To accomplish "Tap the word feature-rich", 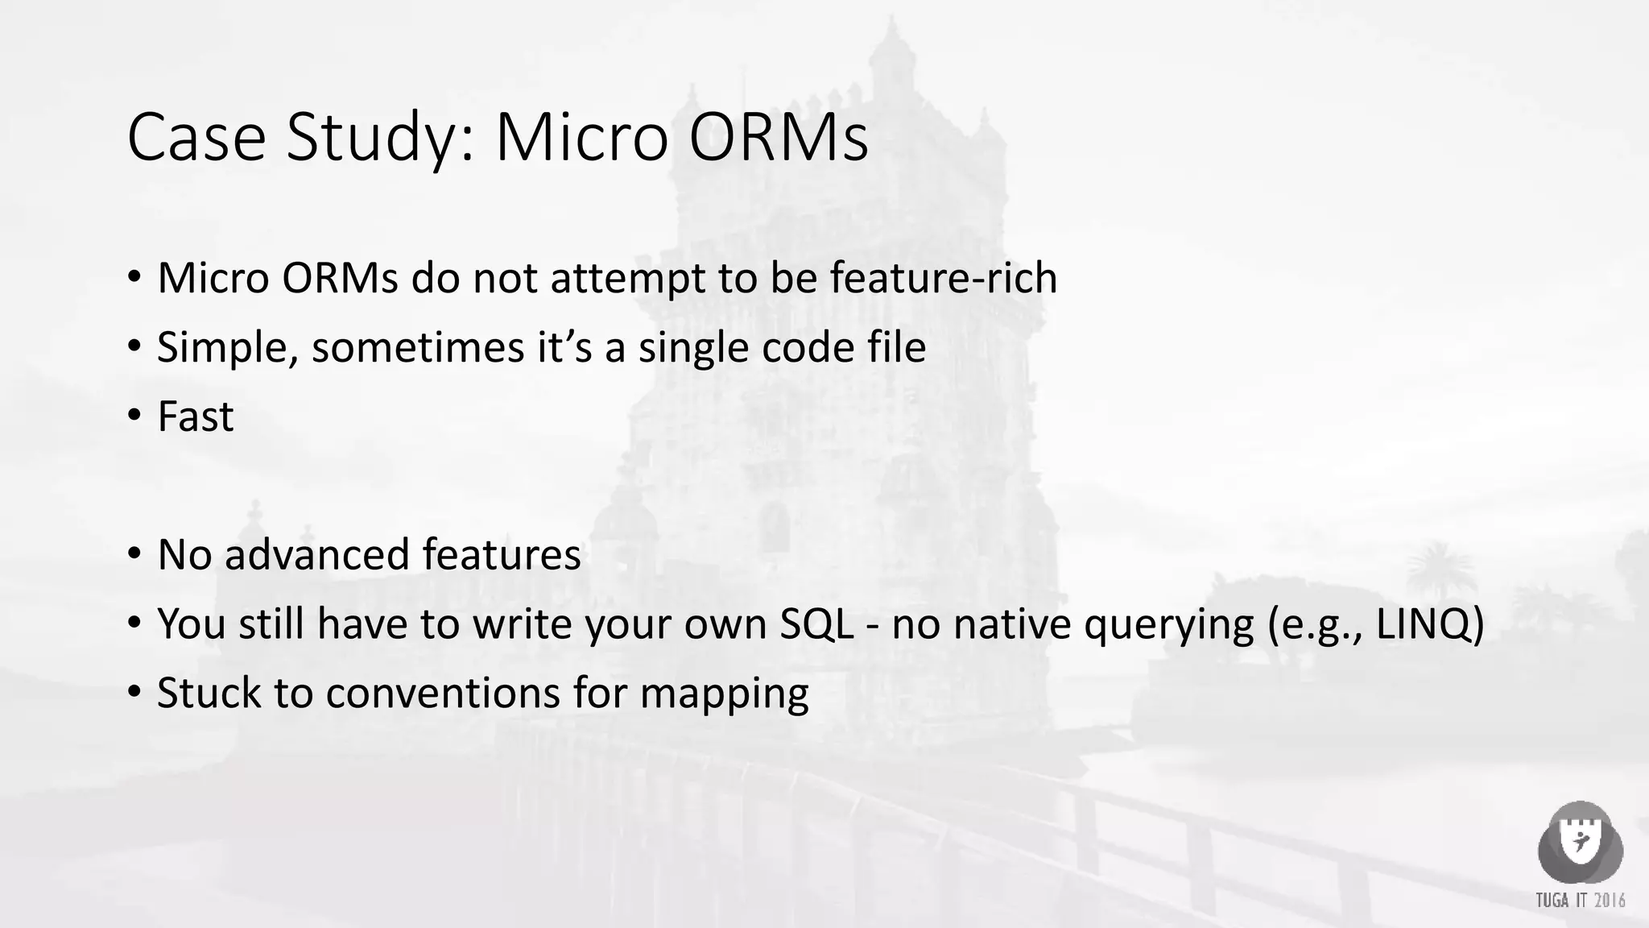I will point(943,278).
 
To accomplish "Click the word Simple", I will point(227,348).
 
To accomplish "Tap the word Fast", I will point(195,417).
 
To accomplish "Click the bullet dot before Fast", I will point(134,416).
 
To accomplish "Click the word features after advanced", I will point(501,555).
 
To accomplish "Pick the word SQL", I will point(816,624).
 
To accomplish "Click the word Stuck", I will point(209,694).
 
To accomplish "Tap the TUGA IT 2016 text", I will point(1580,900).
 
